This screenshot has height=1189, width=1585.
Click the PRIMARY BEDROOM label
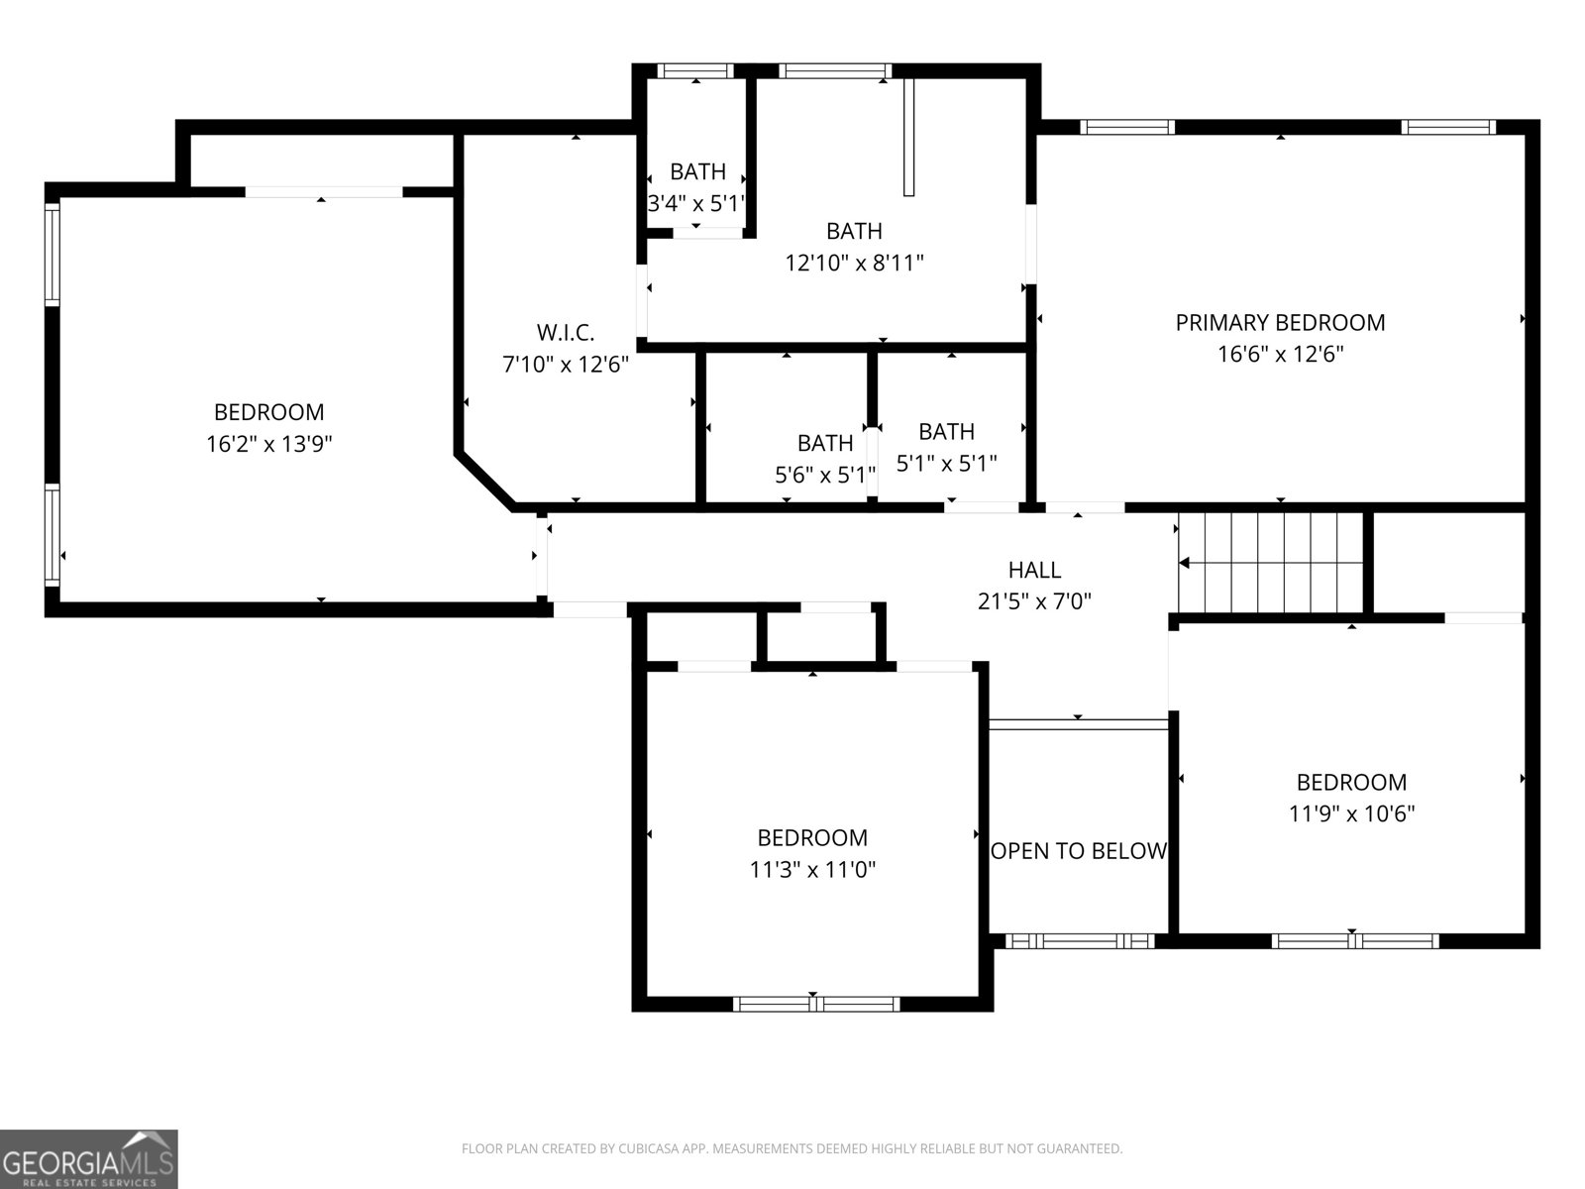pyautogui.click(x=1280, y=322)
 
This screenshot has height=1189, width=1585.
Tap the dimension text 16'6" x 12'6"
pyautogui.click(x=1280, y=354)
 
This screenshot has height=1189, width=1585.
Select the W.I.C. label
pyautogui.click(x=566, y=332)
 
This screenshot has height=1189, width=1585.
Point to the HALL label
pyautogui.click(x=1034, y=570)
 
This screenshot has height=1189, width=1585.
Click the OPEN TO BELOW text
pyautogui.click(x=1079, y=850)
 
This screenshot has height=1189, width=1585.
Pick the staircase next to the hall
pyautogui.click(x=1271, y=563)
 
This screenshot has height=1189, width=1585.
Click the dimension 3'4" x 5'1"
pyautogui.click(x=695, y=203)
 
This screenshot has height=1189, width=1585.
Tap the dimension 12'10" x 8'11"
pyautogui.click(x=854, y=263)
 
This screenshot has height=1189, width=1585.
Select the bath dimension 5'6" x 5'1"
pyautogui.click(x=824, y=475)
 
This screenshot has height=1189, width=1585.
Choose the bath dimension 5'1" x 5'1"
pyautogui.click(x=946, y=463)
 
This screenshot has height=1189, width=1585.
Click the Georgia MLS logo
pyautogui.click(x=88, y=1158)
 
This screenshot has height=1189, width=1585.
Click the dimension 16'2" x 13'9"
pyautogui.click(x=268, y=444)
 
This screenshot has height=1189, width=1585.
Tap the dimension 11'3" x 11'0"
pyautogui.click(x=812, y=870)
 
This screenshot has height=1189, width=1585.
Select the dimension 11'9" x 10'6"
pyautogui.click(x=1351, y=813)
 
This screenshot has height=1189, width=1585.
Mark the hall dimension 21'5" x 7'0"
pyautogui.click(x=1034, y=601)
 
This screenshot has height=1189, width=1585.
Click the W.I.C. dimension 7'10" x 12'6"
pyautogui.click(x=566, y=364)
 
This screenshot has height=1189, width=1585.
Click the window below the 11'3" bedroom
pyautogui.click(x=816, y=1004)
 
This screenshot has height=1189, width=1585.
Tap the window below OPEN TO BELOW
pyautogui.click(x=1079, y=940)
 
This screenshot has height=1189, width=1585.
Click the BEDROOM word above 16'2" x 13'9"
pyautogui.click(x=268, y=412)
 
